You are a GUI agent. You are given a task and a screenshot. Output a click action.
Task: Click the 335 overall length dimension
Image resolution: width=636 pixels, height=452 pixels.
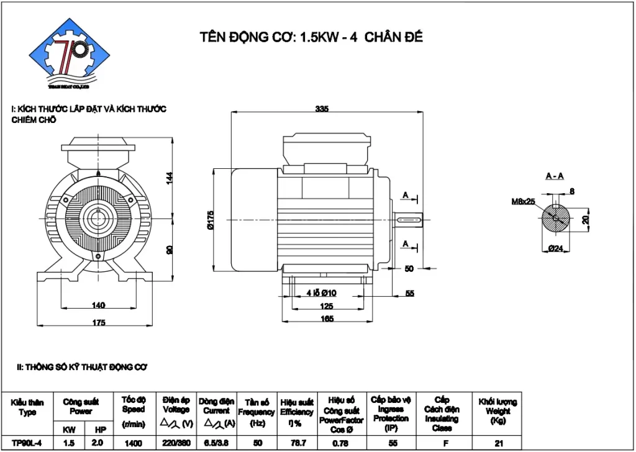321,109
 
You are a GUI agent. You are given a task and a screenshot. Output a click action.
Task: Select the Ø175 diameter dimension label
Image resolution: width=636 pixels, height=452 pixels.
211,220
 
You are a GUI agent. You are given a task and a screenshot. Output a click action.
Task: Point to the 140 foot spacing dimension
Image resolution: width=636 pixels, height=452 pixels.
98,305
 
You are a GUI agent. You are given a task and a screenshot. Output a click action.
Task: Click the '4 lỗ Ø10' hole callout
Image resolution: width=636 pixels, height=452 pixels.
321,293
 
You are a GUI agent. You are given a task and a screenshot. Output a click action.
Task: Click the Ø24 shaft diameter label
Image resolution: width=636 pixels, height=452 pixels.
555,248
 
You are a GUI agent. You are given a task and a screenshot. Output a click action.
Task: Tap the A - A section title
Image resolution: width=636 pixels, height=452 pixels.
555,176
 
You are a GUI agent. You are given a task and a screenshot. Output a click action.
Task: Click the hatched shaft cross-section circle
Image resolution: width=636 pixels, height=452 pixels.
555,219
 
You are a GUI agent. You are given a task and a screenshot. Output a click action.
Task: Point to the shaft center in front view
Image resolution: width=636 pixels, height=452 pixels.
98,219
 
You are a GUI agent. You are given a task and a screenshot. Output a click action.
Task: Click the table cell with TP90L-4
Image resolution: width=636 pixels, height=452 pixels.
27,443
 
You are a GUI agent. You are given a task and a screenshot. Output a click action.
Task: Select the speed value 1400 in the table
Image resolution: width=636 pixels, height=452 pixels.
133,443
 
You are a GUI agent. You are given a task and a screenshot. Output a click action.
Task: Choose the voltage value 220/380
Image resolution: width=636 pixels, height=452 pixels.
176,443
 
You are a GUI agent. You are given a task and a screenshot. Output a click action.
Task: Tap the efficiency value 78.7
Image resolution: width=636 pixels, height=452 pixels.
296,443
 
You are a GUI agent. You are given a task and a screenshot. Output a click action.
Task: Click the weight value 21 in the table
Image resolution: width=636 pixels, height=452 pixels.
497,443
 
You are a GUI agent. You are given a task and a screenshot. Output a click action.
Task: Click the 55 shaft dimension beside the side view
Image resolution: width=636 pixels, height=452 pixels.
409,293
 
